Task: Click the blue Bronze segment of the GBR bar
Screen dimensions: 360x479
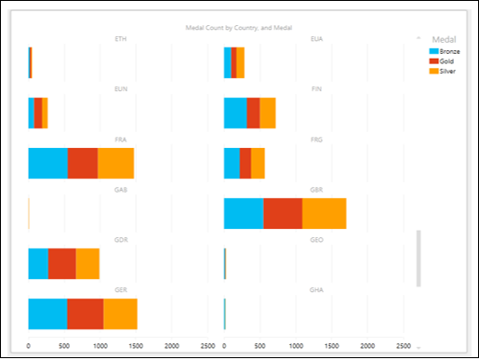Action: [x=244, y=213]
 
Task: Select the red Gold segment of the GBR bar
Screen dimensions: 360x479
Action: [x=283, y=213]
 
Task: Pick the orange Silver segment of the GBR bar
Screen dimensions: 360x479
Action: [x=324, y=213]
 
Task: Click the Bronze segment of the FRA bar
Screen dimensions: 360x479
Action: [x=48, y=163]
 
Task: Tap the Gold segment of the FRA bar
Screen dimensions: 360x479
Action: [x=83, y=163]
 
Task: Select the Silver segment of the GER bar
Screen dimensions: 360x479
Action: [x=120, y=313]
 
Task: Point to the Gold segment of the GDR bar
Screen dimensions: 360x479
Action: [x=62, y=263]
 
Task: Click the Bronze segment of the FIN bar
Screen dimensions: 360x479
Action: [x=235, y=113]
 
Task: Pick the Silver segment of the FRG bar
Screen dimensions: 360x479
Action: [x=258, y=163]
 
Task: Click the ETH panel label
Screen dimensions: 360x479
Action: [x=120, y=39]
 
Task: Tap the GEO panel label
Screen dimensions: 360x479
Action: [x=316, y=240]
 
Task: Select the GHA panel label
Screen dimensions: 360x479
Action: [x=316, y=290]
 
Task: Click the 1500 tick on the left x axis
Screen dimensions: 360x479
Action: [x=137, y=346]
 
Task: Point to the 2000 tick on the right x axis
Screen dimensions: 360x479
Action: [x=369, y=346]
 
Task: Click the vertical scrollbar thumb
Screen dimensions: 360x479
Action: [x=419, y=258]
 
